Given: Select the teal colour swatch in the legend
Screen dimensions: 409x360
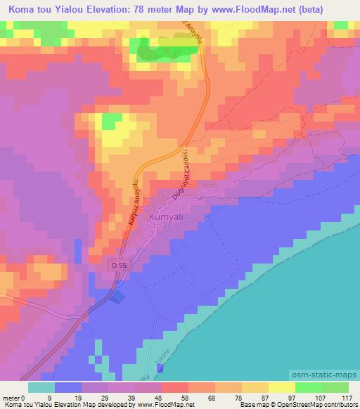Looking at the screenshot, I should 41,387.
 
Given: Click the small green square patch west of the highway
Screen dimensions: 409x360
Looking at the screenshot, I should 110,122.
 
